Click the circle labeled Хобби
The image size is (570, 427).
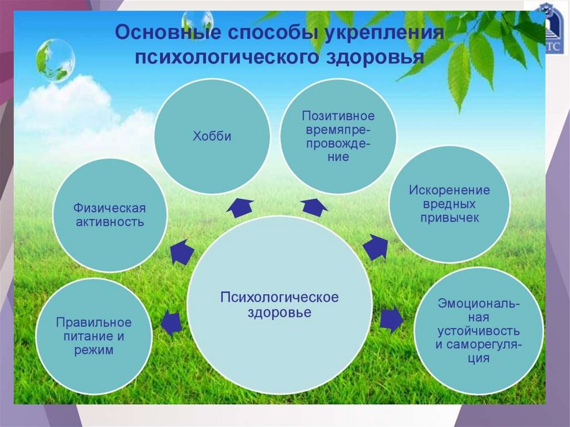(x=212, y=136)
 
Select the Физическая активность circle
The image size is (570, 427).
(x=109, y=215)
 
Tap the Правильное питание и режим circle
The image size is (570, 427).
(x=94, y=336)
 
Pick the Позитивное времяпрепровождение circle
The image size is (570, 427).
(x=338, y=136)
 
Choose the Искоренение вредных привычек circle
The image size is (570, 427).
(x=449, y=204)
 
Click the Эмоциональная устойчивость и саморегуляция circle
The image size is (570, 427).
(x=478, y=331)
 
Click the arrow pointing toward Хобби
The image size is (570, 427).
(x=240, y=207)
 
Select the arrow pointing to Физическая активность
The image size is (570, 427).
(x=181, y=252)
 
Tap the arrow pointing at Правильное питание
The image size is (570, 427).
(x=171, y=323)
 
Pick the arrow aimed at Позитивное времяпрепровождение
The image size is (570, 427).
(x=315, y=207)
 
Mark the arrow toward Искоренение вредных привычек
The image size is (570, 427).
(x=377, y=247)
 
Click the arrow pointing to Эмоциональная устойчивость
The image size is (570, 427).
(x=391, y=320)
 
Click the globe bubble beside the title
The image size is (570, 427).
(x=55, y=60)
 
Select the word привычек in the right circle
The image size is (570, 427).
(x=449, y=218)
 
